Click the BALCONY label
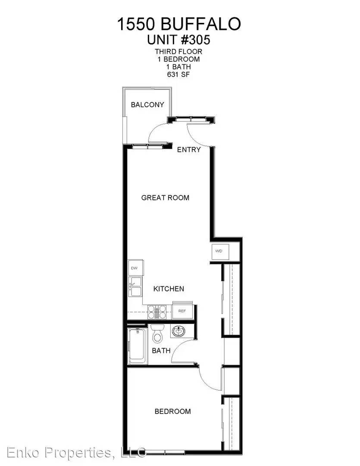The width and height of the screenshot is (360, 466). coord(147,104)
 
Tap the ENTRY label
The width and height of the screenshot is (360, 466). coord(188,149)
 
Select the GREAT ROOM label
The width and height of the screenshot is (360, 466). coord(165,198)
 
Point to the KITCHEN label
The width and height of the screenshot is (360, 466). coord(169,289)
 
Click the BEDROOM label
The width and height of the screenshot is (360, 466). coord(172,411)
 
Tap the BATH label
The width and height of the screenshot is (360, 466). coord(161,351)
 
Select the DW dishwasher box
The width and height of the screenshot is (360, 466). coord(135,268)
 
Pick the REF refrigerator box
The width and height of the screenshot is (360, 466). coord(182,311)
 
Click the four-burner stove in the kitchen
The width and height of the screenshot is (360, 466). coord(157,312)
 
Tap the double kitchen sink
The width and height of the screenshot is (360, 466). coord(135,287)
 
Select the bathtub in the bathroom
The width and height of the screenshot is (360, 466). coord(137,346)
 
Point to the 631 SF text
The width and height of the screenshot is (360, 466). coord(178,75)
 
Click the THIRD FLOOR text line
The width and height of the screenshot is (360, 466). coord(178,51)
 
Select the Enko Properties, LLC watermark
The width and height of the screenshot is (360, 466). coord(76,453)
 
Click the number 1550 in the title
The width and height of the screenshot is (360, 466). coord(136,24)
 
